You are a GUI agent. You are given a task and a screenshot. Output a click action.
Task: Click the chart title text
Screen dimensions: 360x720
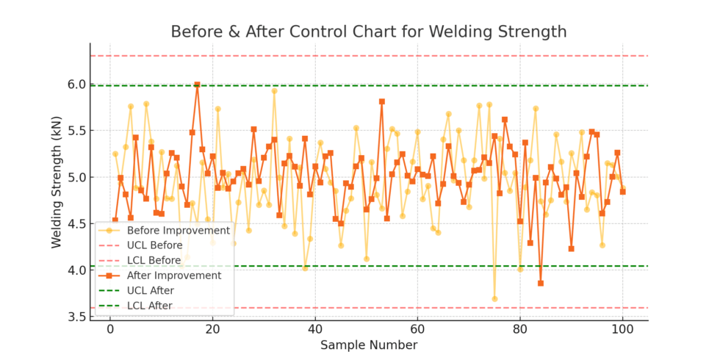369,32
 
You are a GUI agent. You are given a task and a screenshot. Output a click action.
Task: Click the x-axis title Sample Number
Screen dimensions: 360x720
369,345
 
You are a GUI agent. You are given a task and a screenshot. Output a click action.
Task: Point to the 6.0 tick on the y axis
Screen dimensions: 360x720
76,84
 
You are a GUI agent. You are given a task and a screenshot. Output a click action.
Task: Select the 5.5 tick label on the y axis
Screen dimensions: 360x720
76,131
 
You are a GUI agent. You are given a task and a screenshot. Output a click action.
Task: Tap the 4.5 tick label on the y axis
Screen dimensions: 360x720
76,224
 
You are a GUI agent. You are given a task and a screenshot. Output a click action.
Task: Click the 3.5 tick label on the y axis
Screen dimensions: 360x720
76,317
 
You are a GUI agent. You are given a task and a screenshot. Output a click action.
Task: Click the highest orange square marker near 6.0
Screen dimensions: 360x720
197,84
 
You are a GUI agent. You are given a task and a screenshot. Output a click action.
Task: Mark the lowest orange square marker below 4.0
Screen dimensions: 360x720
541,283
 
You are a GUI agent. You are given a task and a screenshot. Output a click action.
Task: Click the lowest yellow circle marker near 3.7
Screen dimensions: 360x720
494,299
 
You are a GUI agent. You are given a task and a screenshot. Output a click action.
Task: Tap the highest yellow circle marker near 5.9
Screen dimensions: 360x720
274,91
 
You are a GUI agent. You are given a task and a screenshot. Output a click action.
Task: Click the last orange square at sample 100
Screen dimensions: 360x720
623,192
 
